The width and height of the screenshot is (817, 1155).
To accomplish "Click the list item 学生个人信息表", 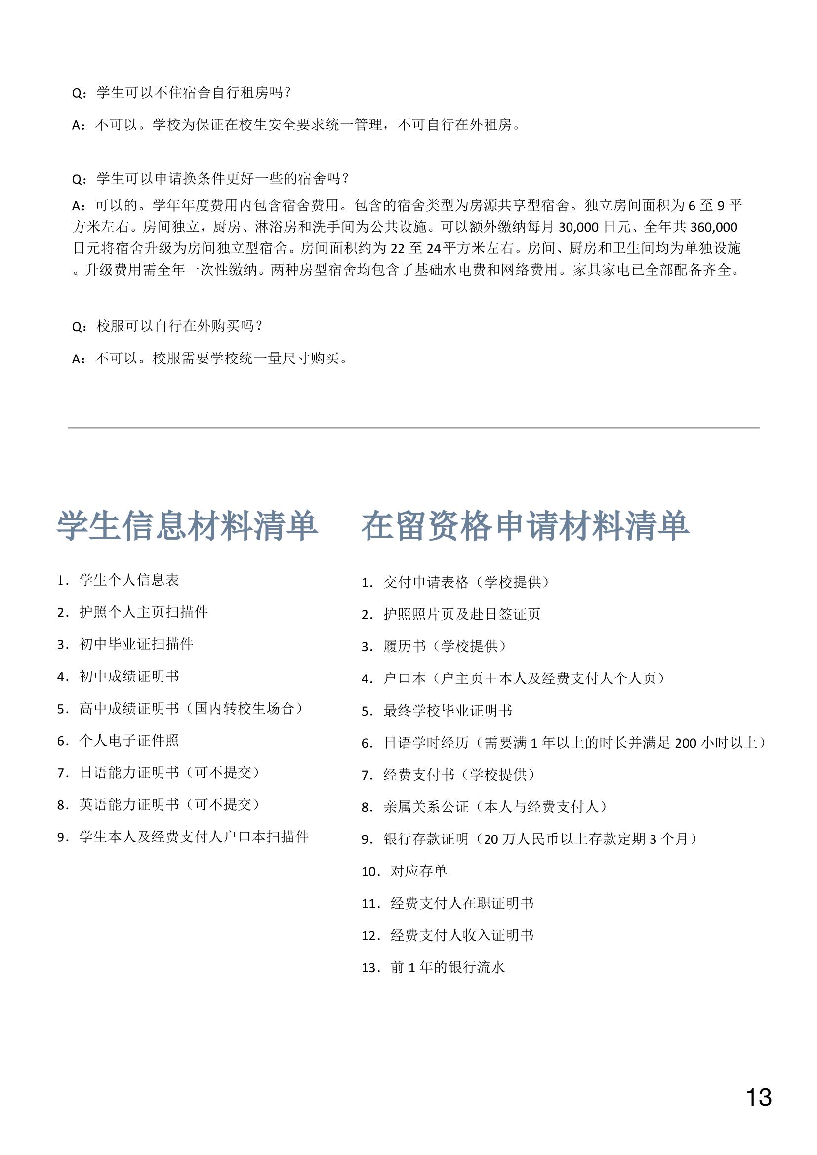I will tap(129, 580).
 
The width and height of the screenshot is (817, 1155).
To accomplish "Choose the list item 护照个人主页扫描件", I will tap(143, 612).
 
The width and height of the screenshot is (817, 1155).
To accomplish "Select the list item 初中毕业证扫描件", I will tap(136, 644).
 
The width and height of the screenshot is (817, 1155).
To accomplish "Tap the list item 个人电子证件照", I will tap(129, 741).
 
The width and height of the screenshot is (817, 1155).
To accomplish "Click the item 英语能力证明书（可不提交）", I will tap(169, 805).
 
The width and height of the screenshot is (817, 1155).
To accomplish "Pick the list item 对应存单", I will tap(418, 871).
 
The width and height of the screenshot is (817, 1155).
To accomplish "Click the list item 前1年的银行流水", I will tap(447, 968).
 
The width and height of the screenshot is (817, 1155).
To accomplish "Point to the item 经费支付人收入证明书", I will tap(462, 936).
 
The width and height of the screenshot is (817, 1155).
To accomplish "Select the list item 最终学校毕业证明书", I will tap(448, 711).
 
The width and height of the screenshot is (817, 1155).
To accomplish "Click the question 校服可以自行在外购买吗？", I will tap(180, 326).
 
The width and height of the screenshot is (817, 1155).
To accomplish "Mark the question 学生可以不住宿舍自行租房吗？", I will tap(194, 93).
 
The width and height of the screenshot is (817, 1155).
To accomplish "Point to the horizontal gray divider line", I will tap(413, 428).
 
